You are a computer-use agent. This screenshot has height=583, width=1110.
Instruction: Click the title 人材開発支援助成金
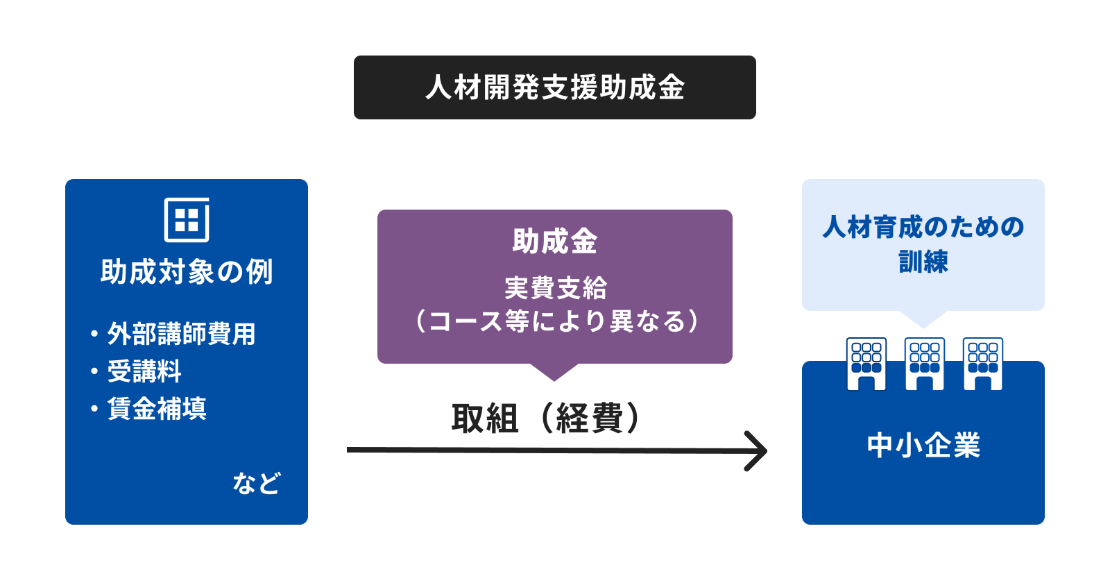(555, 87)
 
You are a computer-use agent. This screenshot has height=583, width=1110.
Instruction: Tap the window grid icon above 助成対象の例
(187, 219)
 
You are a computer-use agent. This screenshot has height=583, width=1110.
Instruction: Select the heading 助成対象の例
(187, 271)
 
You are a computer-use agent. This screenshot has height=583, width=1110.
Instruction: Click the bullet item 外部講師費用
(181, 334)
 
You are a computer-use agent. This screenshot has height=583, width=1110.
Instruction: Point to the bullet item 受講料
(144, 371)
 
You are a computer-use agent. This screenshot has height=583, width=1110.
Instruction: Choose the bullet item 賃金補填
(157, 409)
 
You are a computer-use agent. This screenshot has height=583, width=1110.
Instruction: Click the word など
(257, 483)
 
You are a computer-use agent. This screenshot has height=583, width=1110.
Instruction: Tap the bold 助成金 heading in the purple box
(555, 242)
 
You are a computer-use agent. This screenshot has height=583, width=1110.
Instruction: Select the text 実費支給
(555, 288)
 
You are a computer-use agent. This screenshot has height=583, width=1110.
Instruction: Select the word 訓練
(923, 261)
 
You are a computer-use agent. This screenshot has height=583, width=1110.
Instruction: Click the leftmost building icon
(866, 364)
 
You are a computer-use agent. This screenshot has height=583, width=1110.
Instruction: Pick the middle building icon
(924, 364)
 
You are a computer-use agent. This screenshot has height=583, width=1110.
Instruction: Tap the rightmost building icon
(982, 364)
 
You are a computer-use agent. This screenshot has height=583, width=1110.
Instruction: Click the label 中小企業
(923, 445)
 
